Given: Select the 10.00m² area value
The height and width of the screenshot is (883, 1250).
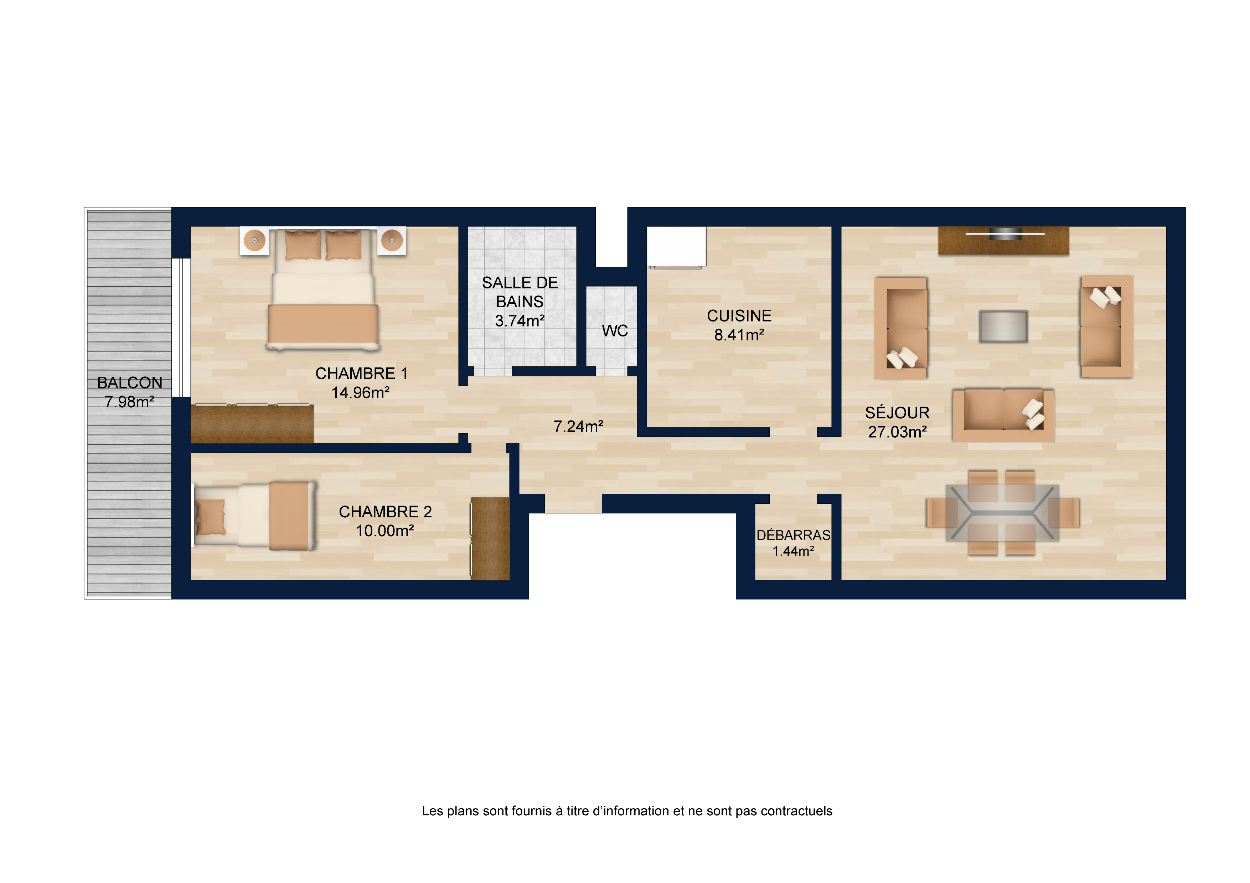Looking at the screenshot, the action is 385,531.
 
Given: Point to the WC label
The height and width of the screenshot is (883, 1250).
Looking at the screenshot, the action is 615,331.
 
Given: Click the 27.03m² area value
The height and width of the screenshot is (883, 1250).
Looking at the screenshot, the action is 897,432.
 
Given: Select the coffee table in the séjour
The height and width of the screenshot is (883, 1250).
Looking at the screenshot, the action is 1003,326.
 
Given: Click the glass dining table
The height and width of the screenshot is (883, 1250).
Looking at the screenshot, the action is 1002,512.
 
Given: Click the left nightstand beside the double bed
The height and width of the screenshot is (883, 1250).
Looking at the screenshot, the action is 254,240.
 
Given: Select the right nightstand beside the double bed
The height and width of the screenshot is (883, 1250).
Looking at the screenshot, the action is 392,240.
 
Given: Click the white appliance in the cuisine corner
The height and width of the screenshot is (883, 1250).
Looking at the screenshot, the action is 676,247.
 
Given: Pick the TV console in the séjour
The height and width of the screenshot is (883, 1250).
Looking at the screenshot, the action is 1003,240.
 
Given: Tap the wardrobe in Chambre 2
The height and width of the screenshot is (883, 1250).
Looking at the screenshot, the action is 490,539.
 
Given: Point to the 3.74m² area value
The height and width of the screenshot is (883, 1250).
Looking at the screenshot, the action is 520,321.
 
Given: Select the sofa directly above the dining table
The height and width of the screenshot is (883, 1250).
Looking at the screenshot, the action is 1003,415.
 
